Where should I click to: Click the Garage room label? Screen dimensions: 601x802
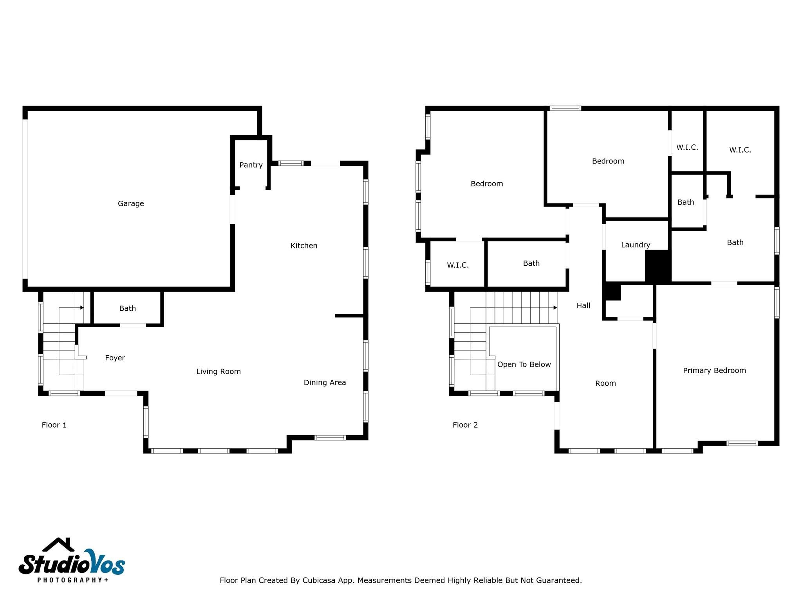[x=131, y=203]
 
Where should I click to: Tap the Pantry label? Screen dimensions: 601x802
[x=251, y=165]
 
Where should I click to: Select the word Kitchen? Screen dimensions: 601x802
[x=303, y=246]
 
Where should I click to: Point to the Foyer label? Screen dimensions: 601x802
[x=115, y=358]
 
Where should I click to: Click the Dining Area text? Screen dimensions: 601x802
[x=325, y=382]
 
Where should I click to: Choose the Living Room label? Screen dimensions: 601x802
[x=218, y=371]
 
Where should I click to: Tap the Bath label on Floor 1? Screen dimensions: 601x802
[x=127, y=308]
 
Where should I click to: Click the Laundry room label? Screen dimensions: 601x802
[x=635, y=245]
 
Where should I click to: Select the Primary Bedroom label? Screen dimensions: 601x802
[x=714, y=370]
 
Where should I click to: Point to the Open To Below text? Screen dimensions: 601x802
[x=524, y=364]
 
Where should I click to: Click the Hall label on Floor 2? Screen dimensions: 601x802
[x=583, y=306]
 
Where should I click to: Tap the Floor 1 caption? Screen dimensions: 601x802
[x=54, y=425]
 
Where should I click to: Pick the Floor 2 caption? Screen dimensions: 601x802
[x=465, y=425]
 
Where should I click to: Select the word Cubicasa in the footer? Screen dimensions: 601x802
[x=318, y=580]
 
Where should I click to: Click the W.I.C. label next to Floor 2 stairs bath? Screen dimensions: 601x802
[x=457, y=265]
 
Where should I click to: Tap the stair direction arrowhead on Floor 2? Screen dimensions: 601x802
[x=555, y=308]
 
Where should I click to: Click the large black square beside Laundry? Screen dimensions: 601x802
[x=657, y=266]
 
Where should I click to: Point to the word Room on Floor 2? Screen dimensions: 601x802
[x=605, y=383]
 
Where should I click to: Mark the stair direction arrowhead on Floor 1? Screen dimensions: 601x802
[x=82, y=308]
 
